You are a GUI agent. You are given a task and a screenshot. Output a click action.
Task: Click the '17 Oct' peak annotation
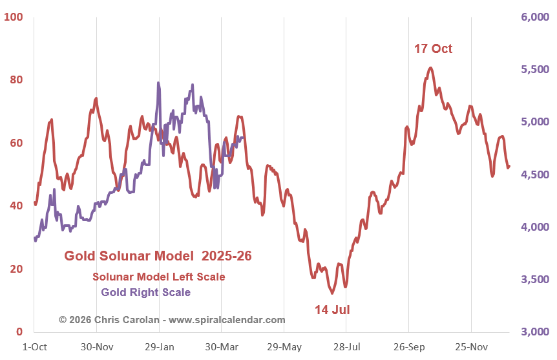point(433,48)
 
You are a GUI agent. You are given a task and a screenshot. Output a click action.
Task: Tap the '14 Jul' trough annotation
point(332,310)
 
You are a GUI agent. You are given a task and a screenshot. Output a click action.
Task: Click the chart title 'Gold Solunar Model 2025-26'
point(158,256)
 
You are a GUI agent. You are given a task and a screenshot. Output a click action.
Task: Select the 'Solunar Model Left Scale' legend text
point(158,277)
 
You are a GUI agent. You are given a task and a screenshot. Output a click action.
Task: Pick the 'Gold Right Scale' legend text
point(145,292)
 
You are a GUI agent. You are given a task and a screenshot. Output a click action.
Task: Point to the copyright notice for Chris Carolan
point(172,319)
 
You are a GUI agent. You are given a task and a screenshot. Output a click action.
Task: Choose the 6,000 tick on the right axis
point(534,17)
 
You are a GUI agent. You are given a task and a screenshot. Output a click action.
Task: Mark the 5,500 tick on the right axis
point(534,70)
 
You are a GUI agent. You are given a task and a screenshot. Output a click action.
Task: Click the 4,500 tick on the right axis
point(534,175)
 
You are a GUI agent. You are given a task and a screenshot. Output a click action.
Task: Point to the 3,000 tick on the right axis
point(534,332)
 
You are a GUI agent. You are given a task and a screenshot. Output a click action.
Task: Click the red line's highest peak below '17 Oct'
point(430,67)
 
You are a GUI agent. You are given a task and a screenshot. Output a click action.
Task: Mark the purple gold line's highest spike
point(158,83)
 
